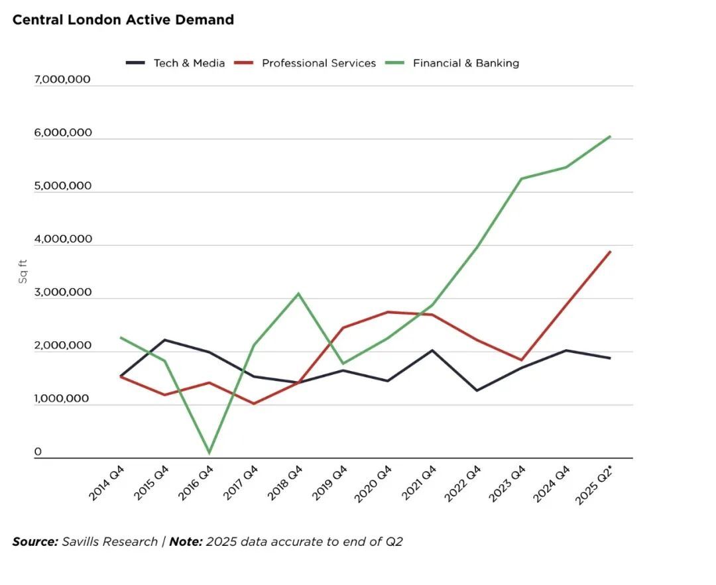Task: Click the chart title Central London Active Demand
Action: pos(123,20)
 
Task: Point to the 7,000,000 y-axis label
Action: pos(62,80)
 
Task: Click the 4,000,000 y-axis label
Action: pos(62,239)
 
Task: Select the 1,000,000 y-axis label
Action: pos(62,399)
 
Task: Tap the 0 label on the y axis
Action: pos(38,452)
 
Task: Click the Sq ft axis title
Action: pos(23,272)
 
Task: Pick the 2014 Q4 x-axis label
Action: pos(107,483)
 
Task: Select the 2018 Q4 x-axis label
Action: pos(286,483)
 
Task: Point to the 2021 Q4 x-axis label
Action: pos(420,483)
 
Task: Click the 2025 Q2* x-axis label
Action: pos(595,485)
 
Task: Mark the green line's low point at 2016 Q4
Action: pos(209,453)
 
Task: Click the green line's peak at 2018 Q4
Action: pos(298,293)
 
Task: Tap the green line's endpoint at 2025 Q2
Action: pos(610,136)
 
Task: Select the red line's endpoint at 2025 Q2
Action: pos(610,252)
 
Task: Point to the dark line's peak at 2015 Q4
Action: pos(164,340)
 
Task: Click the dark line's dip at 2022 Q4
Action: pos(476,390)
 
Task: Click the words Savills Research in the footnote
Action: pos(109,542)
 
